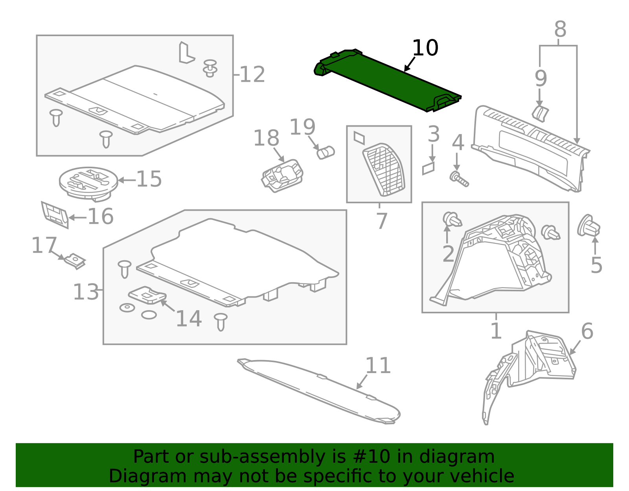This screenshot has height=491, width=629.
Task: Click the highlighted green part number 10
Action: coord(387,81)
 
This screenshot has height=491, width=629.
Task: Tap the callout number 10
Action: coord(425,48)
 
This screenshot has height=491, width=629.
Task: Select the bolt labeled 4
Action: coord(459,178)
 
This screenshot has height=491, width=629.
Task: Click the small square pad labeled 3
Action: coord(429,168)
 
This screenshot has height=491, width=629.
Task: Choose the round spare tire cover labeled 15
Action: coord(88,182)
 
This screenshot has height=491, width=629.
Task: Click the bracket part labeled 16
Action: coord(55,214)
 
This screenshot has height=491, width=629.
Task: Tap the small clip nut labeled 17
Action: coord(75,261)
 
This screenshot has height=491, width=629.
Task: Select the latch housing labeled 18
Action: coord(282,176)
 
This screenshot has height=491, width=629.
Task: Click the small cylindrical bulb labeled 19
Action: coord(326,152)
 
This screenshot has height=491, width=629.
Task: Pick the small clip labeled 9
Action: coord(540,113)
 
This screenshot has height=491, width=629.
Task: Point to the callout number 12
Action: coord(252,74)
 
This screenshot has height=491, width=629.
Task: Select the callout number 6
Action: coord(587,331)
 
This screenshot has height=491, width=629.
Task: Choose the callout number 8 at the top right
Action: coord(560,29)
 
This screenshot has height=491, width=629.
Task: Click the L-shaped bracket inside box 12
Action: coord(186,53)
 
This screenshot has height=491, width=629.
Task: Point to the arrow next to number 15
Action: coord(126,180)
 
